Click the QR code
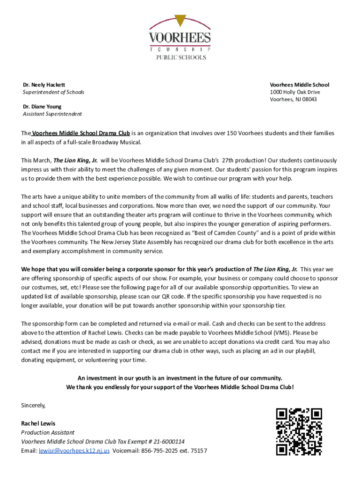tap(299, 431)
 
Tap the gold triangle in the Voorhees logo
tap(180, 21)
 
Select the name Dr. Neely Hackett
tap(44, 85)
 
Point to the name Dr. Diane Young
tap(42, 107)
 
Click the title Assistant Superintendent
tap(52, 114)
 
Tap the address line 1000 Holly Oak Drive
tap(295, 92)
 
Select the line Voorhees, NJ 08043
tap(293, 99)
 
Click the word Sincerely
tap(33, 405)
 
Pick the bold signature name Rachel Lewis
tap(38, 423)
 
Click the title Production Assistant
tap(48, 433)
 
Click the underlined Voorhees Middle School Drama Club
tap(81, 133)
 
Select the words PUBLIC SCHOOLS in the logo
tap(180, 58)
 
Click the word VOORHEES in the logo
tap(180, 37)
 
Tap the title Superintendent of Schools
tap(53, 92)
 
